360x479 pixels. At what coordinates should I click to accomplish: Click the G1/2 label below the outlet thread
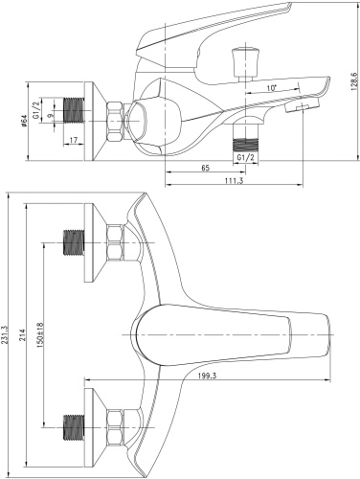[245, 155]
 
